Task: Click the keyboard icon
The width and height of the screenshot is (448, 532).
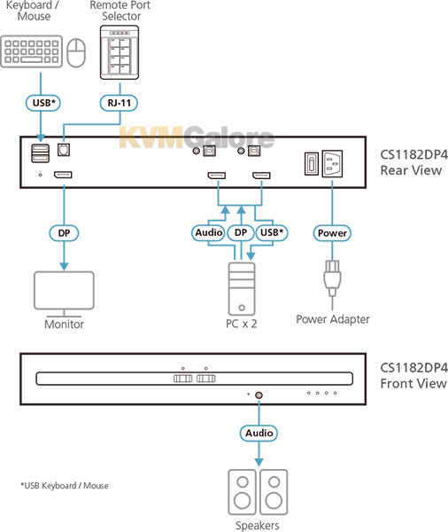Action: [x=32, y=51]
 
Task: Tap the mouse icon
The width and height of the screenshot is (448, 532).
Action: [x=76, y=52]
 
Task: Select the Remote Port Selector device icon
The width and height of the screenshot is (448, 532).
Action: [x=120, y=52]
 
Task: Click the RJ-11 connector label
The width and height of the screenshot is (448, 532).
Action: [x=119, y=103]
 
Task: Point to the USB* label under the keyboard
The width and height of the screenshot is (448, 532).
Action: [x=43, y=103]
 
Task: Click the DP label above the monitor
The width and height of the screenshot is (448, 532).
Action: [x=64, y=233]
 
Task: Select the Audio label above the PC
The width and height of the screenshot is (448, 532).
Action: [x=208, y=232]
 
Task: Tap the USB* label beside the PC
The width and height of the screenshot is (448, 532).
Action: [x=272, y=232]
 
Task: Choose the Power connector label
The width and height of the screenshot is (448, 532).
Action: [x=332, y=233]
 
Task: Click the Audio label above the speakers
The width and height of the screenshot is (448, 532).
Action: [x=259, y=433]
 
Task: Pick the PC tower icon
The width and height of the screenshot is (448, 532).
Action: [x=242, y=289]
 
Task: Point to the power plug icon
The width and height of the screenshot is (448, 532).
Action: [x=332, y=279]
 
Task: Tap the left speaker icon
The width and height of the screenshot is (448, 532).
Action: [x=242, y=492]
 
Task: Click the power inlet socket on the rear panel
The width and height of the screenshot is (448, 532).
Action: [x=332, y=163]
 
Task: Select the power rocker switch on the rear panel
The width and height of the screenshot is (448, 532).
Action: [x=312, y=163]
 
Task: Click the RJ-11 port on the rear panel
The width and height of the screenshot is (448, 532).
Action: [x=64, y=150]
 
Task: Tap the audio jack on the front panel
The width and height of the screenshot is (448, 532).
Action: [x=259, y=395]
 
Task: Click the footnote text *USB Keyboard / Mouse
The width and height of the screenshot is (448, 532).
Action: [x=65, y=486]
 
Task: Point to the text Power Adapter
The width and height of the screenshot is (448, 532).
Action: [x=333, y=319]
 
